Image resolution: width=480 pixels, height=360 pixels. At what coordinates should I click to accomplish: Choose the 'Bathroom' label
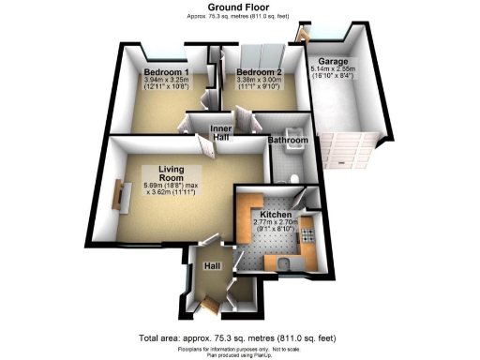tap(288, 141)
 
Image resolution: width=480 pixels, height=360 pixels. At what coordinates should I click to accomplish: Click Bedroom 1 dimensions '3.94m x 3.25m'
tap(166, 82)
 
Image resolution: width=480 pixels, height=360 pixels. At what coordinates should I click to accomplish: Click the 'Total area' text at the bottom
tap(240, 337)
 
